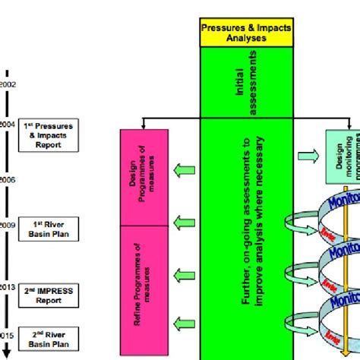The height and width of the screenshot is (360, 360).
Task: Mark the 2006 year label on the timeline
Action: click(x=7, y=180)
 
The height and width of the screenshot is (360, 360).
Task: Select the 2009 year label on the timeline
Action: click(x=7, y=225)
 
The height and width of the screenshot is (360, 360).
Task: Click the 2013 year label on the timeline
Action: click(x=7, y=288)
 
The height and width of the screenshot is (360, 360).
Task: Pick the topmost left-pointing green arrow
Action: click(x=183, y=168)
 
